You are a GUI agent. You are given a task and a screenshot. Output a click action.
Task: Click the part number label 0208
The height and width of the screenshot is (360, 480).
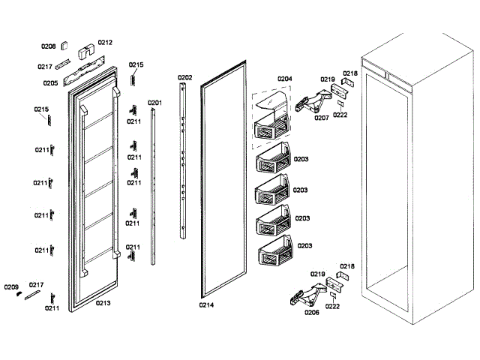48,46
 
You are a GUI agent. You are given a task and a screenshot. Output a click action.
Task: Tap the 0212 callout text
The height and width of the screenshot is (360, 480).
105,43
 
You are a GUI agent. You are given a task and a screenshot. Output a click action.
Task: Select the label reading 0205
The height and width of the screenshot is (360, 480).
50,82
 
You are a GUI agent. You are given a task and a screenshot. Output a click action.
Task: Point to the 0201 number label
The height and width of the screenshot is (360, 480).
154,102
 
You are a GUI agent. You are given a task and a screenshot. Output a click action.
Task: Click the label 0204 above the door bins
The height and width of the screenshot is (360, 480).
284,79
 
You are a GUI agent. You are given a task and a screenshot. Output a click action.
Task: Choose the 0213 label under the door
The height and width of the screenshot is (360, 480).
103,304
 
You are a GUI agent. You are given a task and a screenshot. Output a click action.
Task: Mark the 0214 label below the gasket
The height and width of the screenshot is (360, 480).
206,304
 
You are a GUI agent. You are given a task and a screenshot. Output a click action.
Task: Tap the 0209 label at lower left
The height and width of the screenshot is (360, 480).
10,287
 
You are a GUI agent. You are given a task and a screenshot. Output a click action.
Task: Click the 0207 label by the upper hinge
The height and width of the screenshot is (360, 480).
321,118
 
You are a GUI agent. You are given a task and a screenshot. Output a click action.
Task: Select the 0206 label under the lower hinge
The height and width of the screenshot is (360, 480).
311,312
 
